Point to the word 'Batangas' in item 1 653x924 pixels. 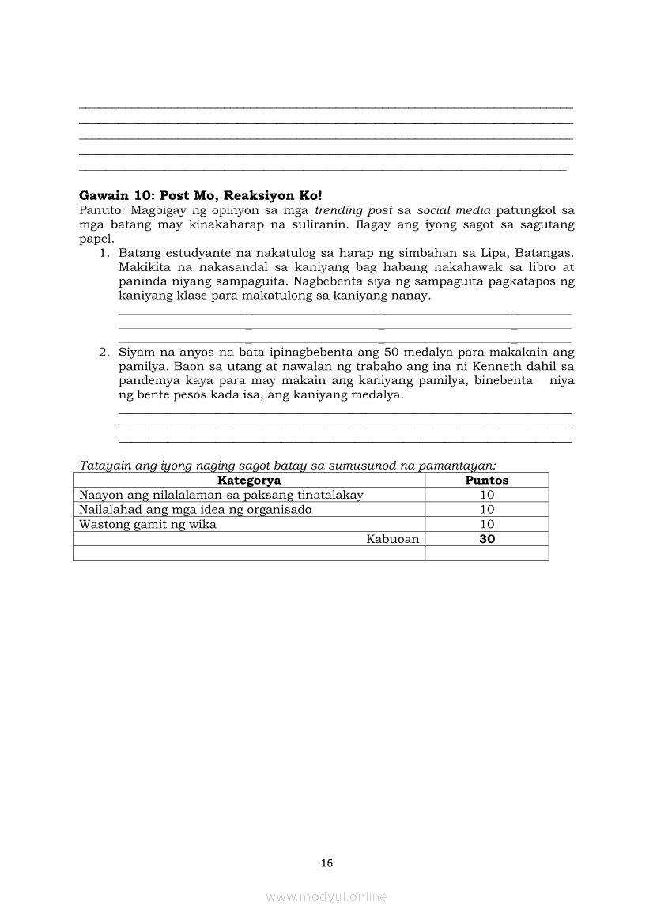546,253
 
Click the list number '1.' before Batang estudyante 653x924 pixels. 104,253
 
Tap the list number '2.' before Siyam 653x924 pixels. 104,352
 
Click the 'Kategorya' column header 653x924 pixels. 249,480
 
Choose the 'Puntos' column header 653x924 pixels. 486,480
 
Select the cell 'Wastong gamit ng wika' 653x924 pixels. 148,524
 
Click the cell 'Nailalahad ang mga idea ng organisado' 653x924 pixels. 195,510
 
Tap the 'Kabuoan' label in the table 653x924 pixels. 392,539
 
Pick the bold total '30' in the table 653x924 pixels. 487,539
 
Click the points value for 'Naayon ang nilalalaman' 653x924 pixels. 487,495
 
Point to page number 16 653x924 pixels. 327,863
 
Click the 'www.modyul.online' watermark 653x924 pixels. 326,896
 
